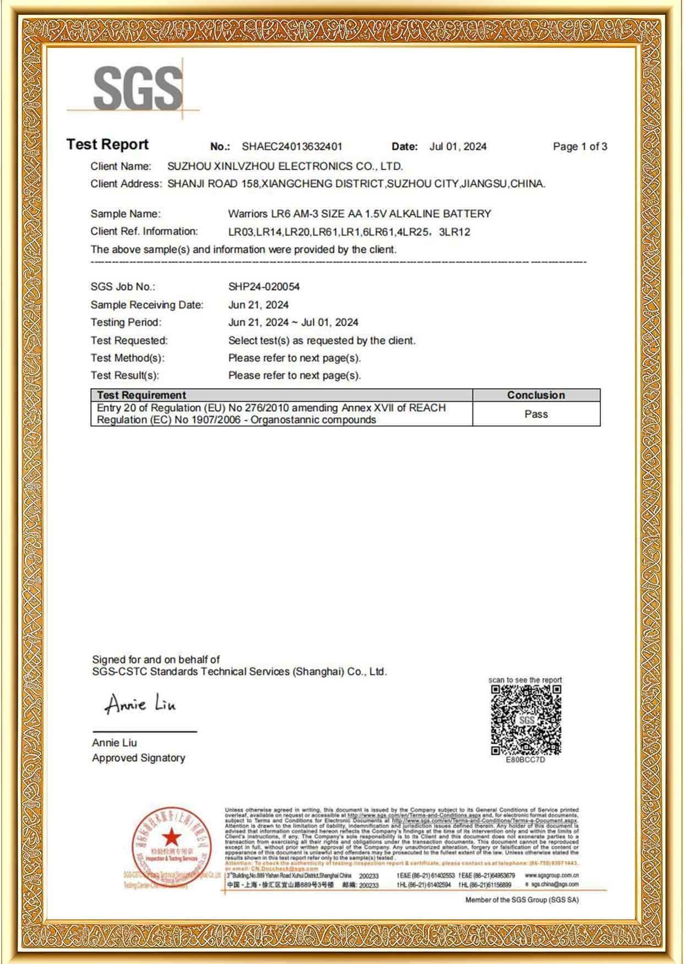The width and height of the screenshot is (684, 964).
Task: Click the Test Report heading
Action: click(x=107, y=144)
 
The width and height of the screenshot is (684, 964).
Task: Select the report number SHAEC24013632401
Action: click(x=292, y=146)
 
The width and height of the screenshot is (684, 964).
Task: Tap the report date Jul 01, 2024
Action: click(x=458, y=146)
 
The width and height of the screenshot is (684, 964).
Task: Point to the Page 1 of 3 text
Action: click(x=580, y=146)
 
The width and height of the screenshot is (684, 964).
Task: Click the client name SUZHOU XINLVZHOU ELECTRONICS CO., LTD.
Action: click(x=285, y=166)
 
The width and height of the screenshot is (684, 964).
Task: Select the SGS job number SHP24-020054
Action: click(x=264, y=287)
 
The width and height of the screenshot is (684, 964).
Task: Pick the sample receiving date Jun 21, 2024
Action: click(x=258, y=305)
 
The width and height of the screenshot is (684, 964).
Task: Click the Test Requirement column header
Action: click(x=142, y=395)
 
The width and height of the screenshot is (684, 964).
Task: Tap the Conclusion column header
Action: click(x=536, y=395)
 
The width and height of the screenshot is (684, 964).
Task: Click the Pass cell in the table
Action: click(x=536, y=414)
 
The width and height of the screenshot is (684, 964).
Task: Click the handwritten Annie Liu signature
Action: click(x=140, y=704)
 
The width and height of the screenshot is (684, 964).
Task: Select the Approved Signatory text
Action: click(x=138, y=758)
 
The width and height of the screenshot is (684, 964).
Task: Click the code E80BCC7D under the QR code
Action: click(x=525, y=760)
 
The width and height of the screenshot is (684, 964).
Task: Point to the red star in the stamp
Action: click(x=171, y=837)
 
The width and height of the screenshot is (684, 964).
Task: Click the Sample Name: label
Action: click(x=126, y=214)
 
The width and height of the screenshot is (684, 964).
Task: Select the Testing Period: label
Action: click(x=126, y=323)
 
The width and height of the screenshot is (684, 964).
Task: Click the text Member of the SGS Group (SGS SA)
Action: click(x=522, y=900)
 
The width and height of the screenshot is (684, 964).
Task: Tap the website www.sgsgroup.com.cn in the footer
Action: click(x=551, y=875)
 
